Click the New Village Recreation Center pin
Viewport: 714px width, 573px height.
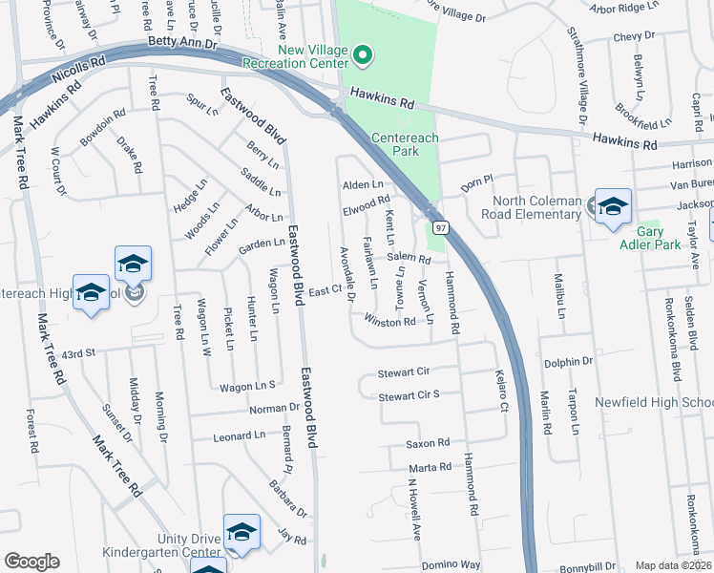[362, 55]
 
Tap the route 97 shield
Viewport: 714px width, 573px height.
[440, 227]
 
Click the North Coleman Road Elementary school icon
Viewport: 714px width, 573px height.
[613, 207]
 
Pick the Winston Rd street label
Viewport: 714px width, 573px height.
[389, 323]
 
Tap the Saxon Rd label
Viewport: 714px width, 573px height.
[427, 443]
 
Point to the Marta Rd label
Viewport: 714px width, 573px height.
[430, 467]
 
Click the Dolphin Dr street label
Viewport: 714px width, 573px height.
[569, 363]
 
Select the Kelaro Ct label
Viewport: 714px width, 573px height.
[500, 392]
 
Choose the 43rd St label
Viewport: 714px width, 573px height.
[79, 353]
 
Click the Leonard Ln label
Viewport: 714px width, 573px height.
[240, 435]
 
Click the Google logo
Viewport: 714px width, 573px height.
[31, 562]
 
